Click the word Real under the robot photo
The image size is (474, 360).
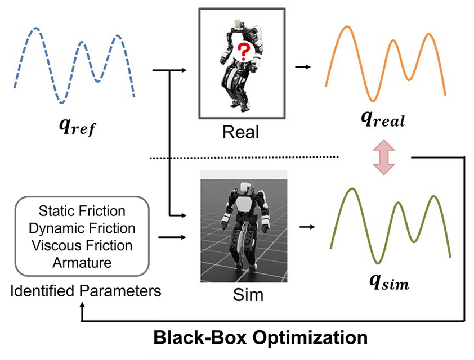click(x=241, y=133)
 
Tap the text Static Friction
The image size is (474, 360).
click(x=82, y=211)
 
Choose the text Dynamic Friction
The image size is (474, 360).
click(x=82, y=228)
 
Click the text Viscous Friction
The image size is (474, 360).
click(x=82, y=245)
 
